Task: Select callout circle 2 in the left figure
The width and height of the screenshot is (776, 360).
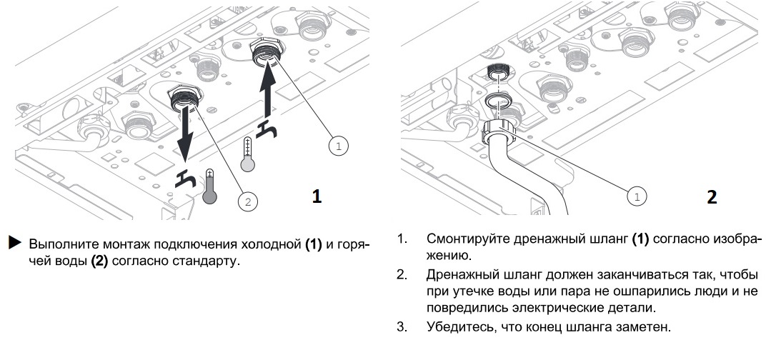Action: [x=248, y=202]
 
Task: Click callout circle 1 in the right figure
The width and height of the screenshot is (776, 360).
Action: [x=636, y=194]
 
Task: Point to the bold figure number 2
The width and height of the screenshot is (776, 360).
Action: [x=712, y=197]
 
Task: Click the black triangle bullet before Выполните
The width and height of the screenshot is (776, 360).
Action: [x=14, y=244]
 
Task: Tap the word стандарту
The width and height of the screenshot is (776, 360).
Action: [x=207, y=259]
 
